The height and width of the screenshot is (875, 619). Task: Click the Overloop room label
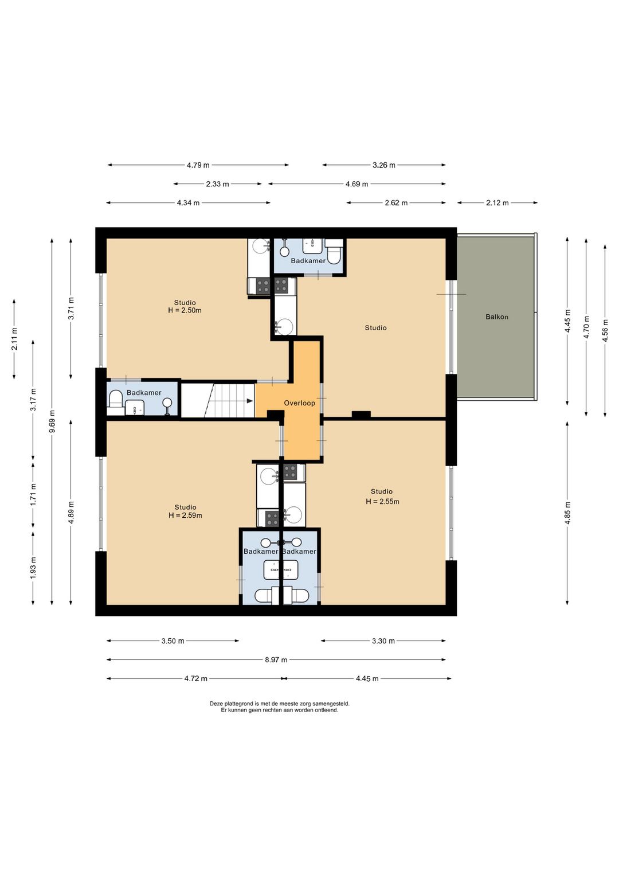click(x=299, y=403)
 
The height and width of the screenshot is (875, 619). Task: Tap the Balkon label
click(x=497, y=317)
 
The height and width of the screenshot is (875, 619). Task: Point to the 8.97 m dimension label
click(x=276, y=660)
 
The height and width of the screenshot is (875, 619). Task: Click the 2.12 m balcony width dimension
click(x=497, y=203)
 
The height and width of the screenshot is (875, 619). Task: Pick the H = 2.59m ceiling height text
click(x=185, y=515)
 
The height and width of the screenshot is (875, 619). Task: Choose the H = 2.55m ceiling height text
click(x=382, y=502)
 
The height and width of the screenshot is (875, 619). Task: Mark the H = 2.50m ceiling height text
click(x=185, y=311)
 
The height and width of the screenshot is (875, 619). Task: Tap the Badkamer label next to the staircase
click(x=144, y=393)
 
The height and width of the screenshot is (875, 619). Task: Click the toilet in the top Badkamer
click(x=334, y=252)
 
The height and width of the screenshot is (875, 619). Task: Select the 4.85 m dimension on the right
click(x=567, y=513)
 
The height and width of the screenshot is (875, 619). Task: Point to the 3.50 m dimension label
click(x=173, y=641)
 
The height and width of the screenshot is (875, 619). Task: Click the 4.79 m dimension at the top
click(x=198, y=165)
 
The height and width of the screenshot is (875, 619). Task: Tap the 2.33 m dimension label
click(x=218, y=184)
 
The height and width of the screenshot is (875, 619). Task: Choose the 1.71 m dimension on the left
click(x=33, y=494)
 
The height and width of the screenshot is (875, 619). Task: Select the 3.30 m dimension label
click(x=383, y=641)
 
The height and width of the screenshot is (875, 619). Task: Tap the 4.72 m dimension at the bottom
click(x=195, y=678)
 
